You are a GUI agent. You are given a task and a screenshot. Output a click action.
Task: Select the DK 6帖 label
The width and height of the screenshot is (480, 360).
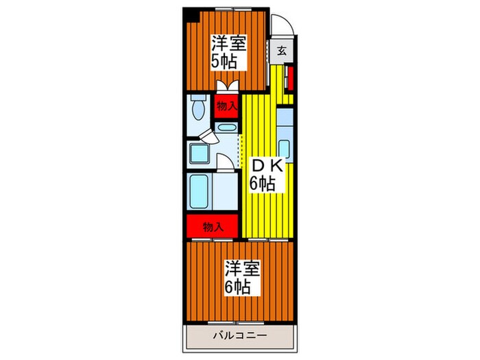[x=263, y=174]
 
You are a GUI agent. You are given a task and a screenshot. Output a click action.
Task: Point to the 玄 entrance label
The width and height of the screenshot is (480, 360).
[x=282, y=51]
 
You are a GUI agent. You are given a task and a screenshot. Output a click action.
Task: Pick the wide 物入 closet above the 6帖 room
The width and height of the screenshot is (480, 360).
[x=212, y=226]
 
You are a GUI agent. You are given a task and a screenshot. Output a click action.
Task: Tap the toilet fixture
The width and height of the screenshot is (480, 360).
[x=198, y=108]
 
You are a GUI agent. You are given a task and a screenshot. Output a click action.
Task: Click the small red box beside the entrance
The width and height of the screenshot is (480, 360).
[x=289, y=77]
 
